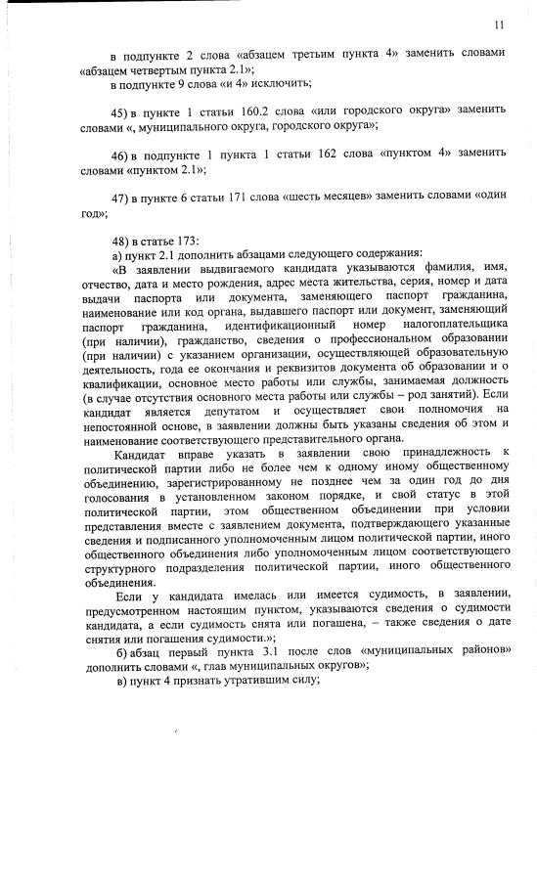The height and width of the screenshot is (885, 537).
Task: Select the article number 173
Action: pos(185,241)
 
